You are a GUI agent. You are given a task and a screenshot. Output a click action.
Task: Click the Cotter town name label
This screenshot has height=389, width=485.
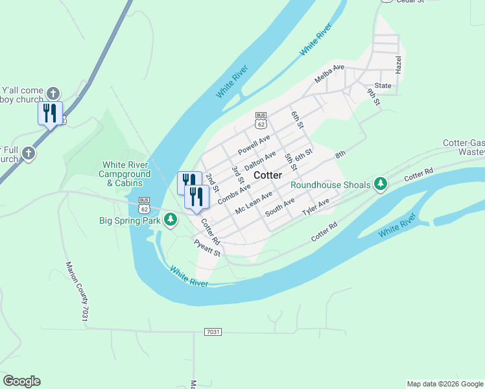[x=268, y=176]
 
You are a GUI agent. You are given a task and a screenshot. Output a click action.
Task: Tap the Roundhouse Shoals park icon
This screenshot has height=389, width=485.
[x=381, y=185]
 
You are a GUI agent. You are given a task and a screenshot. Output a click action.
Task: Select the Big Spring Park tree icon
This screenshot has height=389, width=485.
[x=171, y=220]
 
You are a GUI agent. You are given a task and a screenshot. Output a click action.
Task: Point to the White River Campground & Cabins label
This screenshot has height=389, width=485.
[x=126, y=174]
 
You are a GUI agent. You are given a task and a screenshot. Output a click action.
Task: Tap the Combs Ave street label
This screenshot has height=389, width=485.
[x=234, y=194]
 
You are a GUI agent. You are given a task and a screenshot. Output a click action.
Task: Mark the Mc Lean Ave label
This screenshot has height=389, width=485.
[x=254, y=204]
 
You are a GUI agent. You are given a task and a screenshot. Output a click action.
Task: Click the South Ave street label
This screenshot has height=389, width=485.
[x=279, y=208]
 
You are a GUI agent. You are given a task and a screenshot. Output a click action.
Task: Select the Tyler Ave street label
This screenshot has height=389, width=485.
[x=316, y=208]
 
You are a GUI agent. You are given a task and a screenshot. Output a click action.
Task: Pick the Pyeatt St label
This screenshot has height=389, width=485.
[x=207, y=248]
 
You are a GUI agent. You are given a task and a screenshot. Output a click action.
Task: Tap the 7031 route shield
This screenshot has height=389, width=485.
[x=213, y=332]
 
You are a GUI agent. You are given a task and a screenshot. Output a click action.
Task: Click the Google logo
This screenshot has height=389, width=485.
[x=21, y=381]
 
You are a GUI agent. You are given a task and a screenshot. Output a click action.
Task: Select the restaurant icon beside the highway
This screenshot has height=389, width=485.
[x=50, y=113]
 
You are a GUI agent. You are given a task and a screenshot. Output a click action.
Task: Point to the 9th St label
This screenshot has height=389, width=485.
[x=372, y=97]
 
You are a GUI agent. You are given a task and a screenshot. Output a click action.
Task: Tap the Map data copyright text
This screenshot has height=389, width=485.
[x=445, y=384]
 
